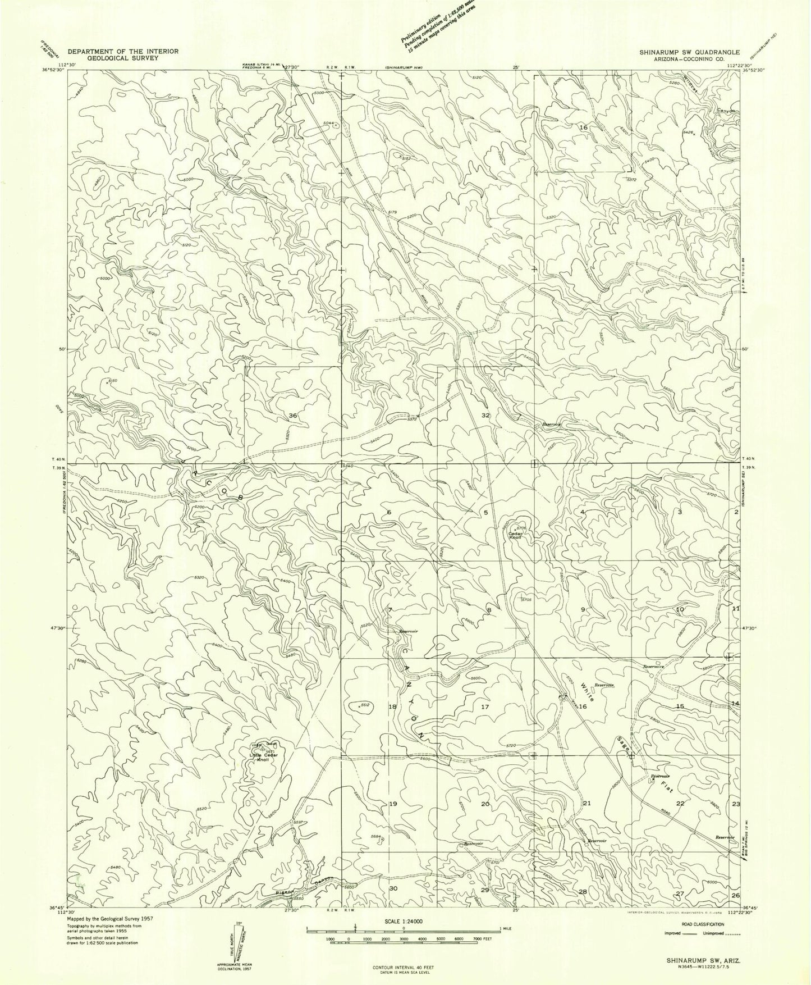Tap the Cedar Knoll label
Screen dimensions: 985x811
pyautogui.click(x=516, y=535)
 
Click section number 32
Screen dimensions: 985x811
pyautogui.click(x=486, y=415)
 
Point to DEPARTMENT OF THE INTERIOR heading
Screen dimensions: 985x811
pyautogui.click(x=123, y=51)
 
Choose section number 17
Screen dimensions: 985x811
pyautogui.click(x=485, y=706)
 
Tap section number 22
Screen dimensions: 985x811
pyautogui.click(x=680, y=804)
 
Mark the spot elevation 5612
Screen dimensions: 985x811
pyautogui.click(x=364, y=705)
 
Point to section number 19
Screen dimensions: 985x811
pyautogui.click(x=393, y=804)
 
